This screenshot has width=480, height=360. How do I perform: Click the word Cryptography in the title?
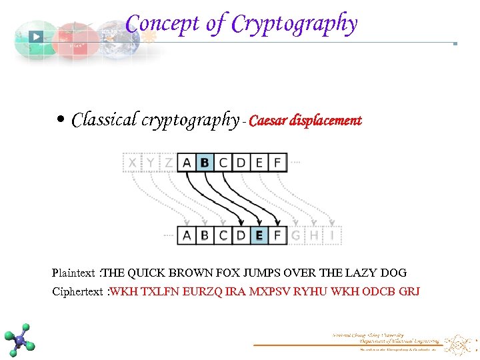[294, 24]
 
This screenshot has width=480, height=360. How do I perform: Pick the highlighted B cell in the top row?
[205, 162]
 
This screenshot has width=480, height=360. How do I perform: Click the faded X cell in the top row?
[133, 162]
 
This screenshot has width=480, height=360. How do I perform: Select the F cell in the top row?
[277, 162]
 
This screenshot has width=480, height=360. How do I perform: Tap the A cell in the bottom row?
[187, 235]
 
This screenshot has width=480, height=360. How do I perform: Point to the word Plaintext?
[73, 273]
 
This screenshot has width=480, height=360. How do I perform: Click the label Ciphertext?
[77, 291]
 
